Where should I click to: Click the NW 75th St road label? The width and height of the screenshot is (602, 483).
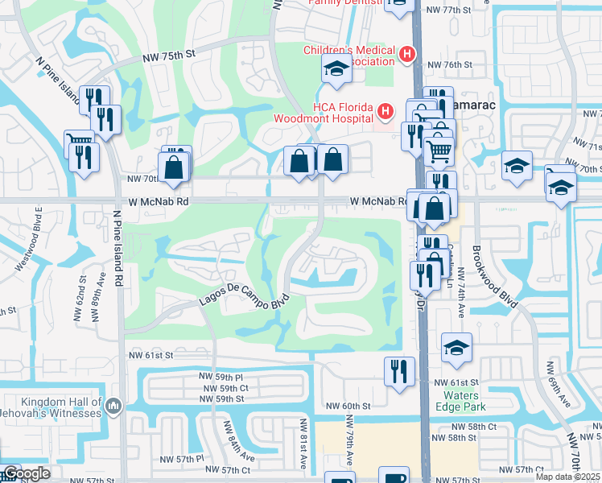click(x=169, y=56)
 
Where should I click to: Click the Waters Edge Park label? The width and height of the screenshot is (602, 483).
click(x=461, y=401)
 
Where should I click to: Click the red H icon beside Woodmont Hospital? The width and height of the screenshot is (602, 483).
click(x=386, y=109)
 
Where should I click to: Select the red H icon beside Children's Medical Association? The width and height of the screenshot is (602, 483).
click(x=407, y=55)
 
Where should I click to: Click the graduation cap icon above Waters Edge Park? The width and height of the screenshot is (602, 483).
click(x=456, y=347)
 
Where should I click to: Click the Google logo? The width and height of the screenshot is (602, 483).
click(x=27, y=473)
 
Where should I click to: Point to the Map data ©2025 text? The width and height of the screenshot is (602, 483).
click(x=567, y=477)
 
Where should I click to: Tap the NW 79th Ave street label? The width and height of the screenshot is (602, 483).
click(x=351, y=441)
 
